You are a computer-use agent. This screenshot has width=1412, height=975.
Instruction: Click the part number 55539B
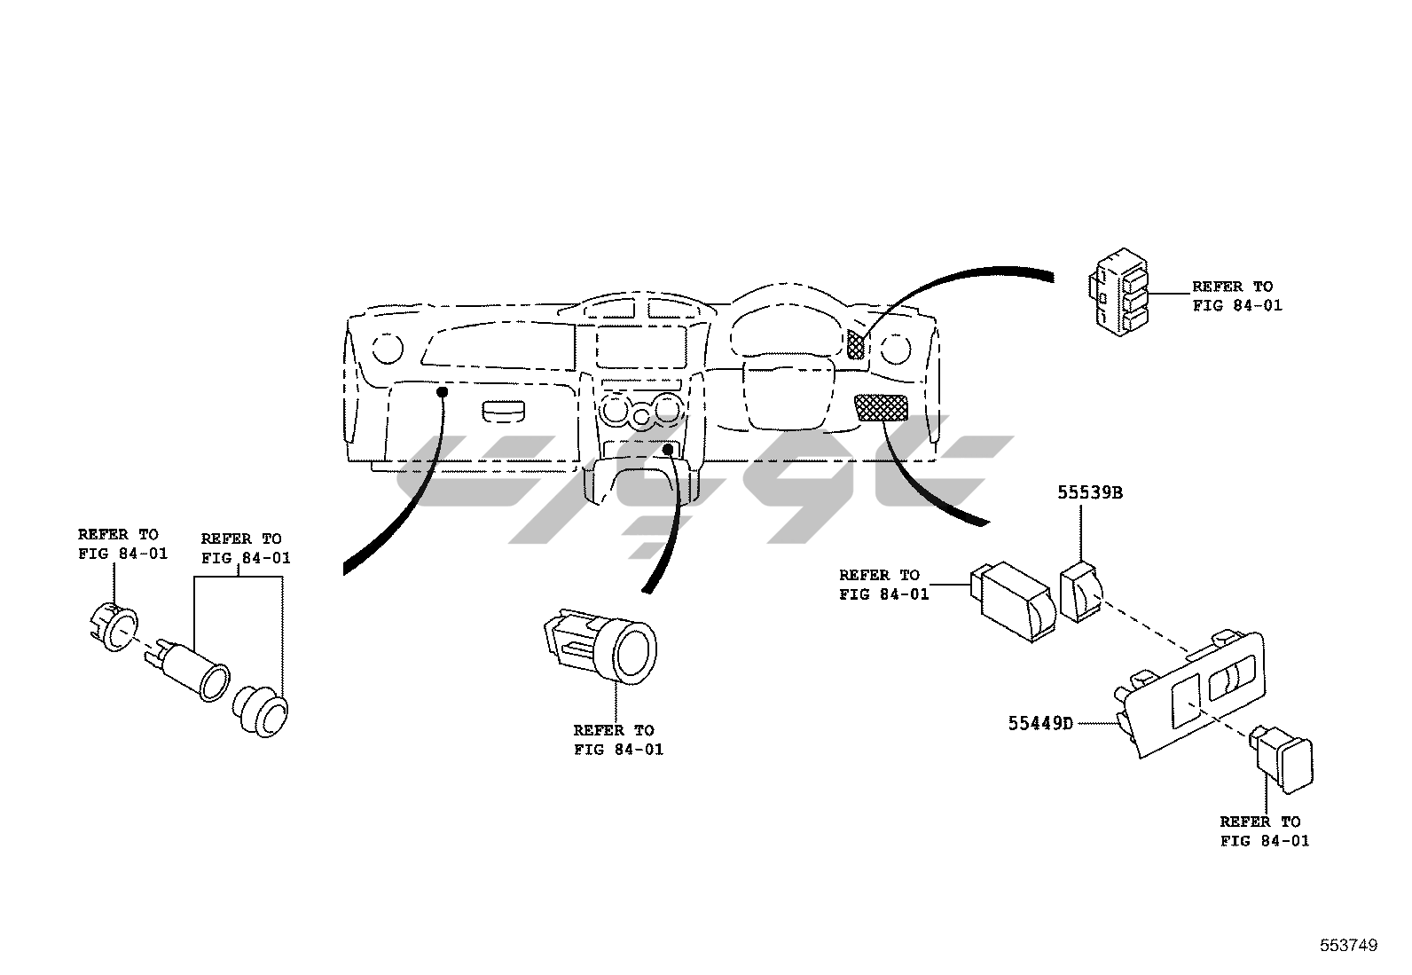click(1088, 493)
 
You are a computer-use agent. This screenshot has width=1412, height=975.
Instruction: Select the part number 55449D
click(1039, 723)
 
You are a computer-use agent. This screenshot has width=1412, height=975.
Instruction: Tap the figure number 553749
click(1347, 946)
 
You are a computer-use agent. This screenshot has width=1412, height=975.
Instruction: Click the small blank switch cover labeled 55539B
click(1081, 593)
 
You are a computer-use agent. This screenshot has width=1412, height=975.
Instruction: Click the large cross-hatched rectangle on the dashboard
click(881, 407)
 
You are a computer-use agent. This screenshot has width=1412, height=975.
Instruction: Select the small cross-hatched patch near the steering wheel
click(855, 343)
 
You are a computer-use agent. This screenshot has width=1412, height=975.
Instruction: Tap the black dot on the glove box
click(441, 390)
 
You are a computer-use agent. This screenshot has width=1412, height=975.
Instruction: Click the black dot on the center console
click(667, 450)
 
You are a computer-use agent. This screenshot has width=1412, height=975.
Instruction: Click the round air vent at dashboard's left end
click(387, 348)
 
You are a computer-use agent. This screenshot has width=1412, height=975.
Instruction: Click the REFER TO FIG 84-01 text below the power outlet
click(617, 740)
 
